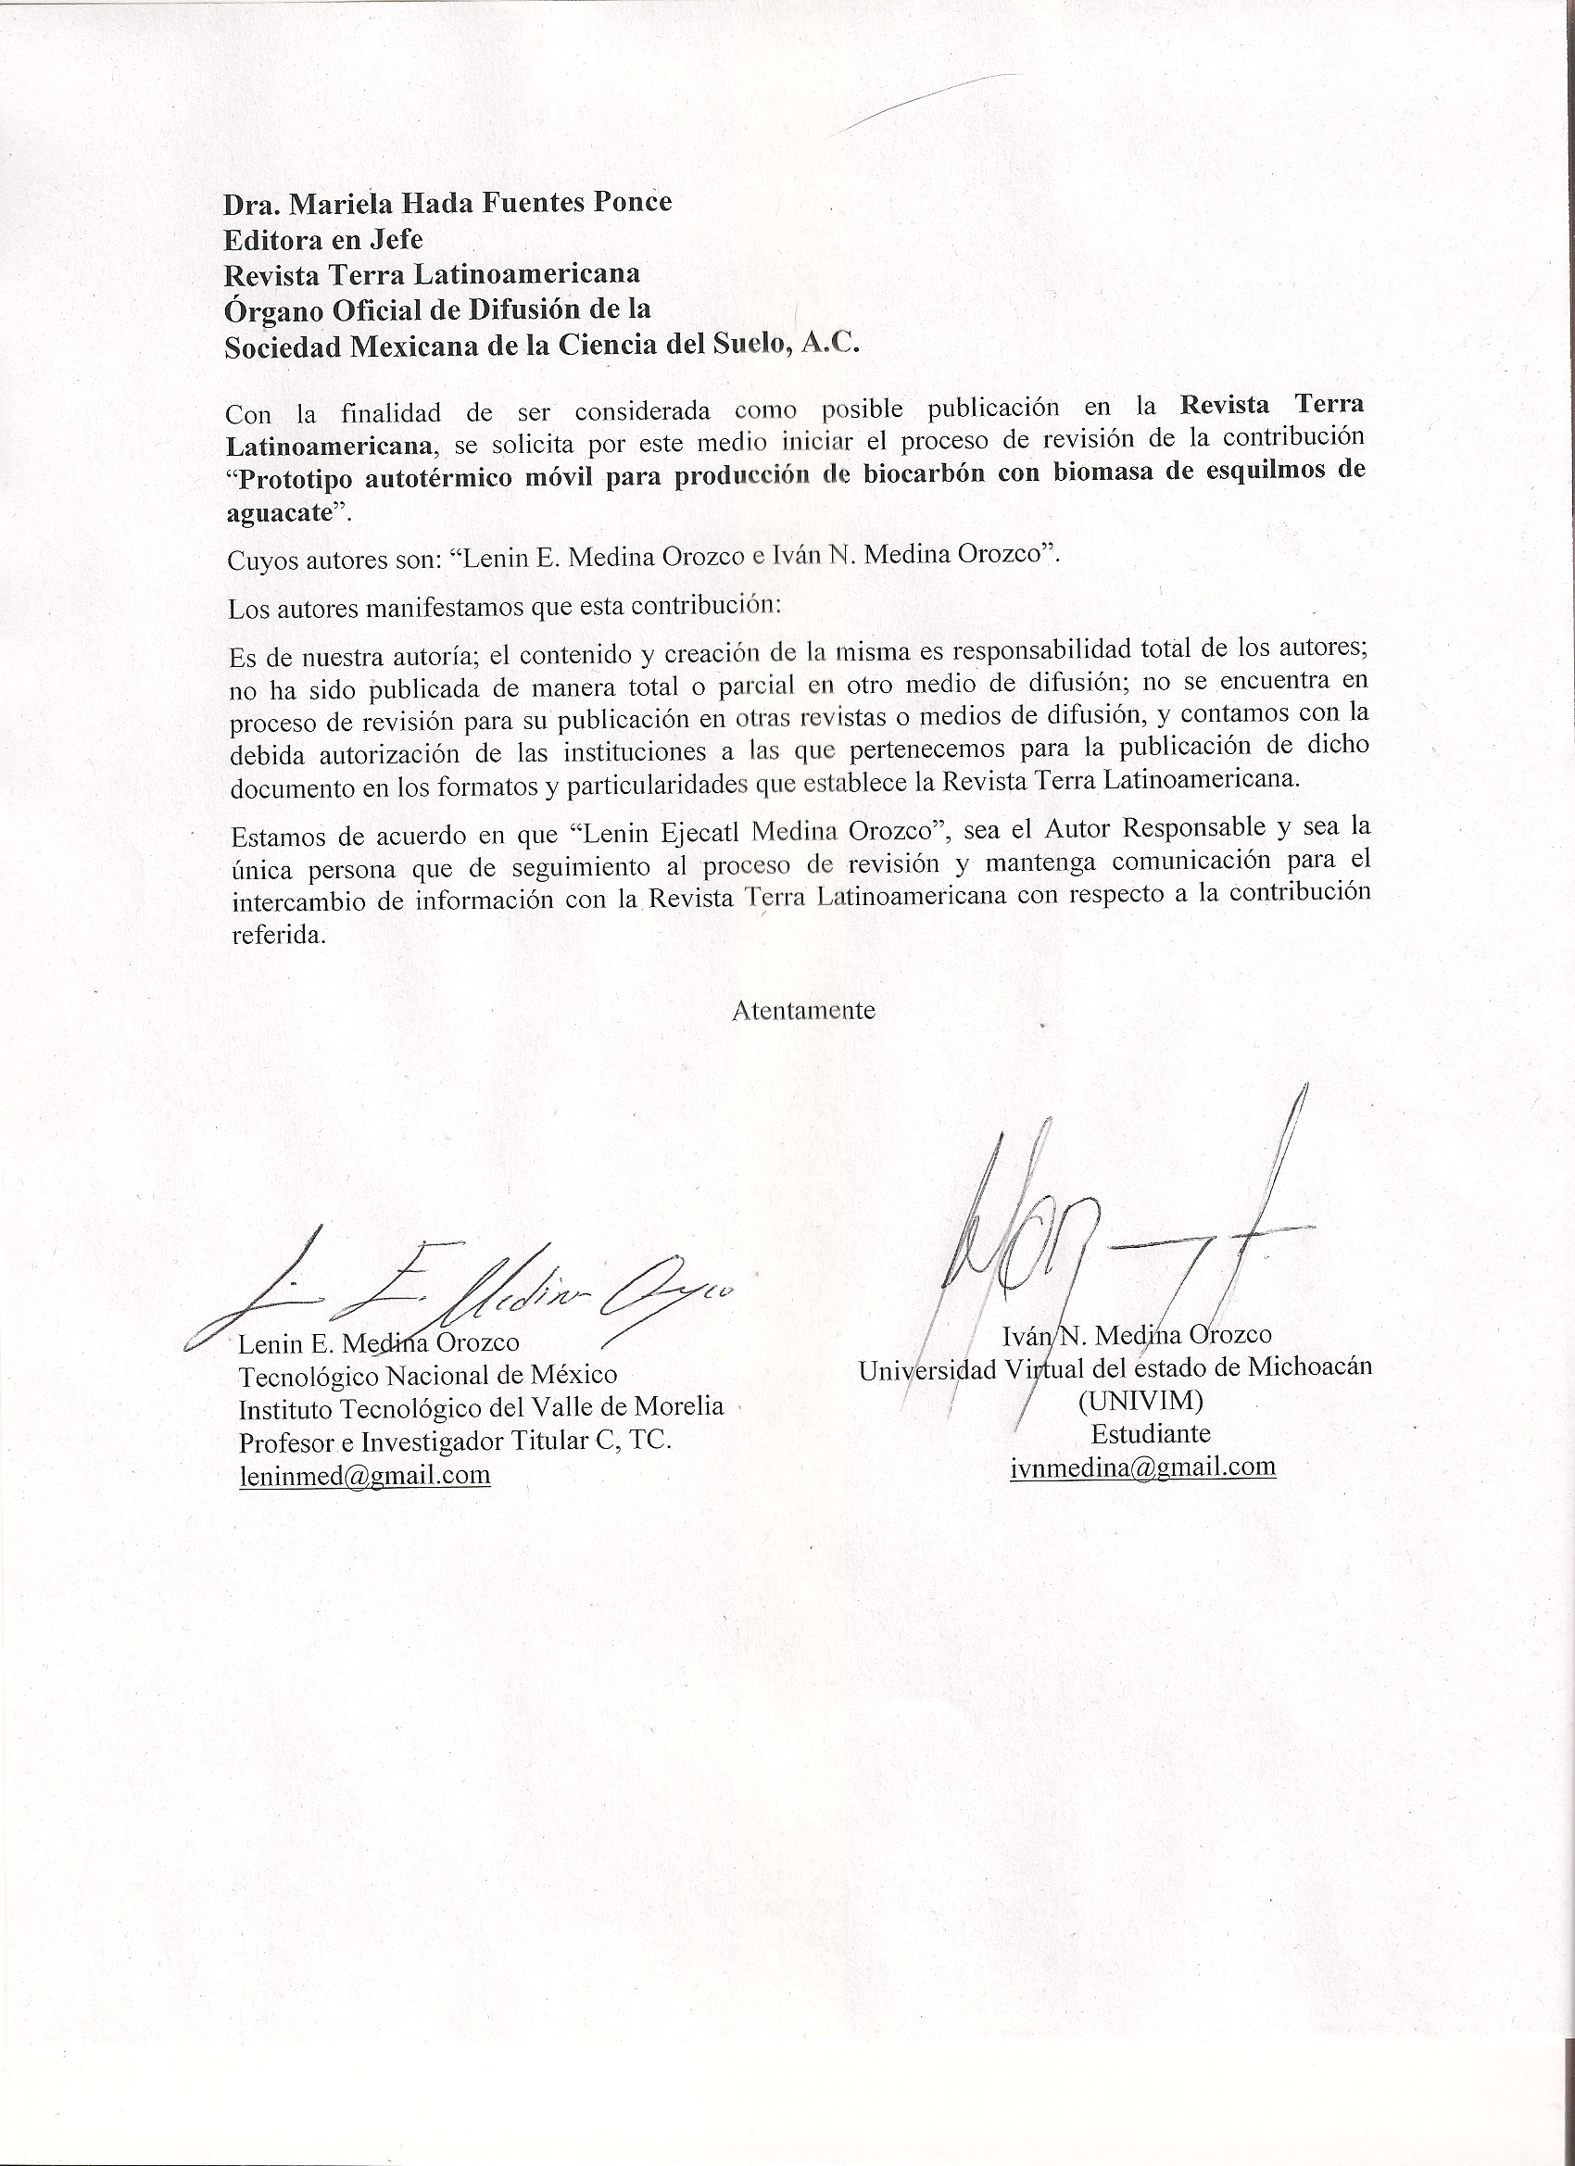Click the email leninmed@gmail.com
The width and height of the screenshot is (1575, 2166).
[364, 1475]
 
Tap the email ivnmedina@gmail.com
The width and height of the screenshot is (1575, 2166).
[1142, 1466]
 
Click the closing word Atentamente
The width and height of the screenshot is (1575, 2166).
[803, 1011]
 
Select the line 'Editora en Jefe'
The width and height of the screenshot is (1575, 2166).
[322, 238]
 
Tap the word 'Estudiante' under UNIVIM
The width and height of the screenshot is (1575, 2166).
[1151, 1433]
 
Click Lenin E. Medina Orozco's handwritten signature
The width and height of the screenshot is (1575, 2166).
[459, 1290]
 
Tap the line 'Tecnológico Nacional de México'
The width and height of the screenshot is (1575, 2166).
[427, 1375]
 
